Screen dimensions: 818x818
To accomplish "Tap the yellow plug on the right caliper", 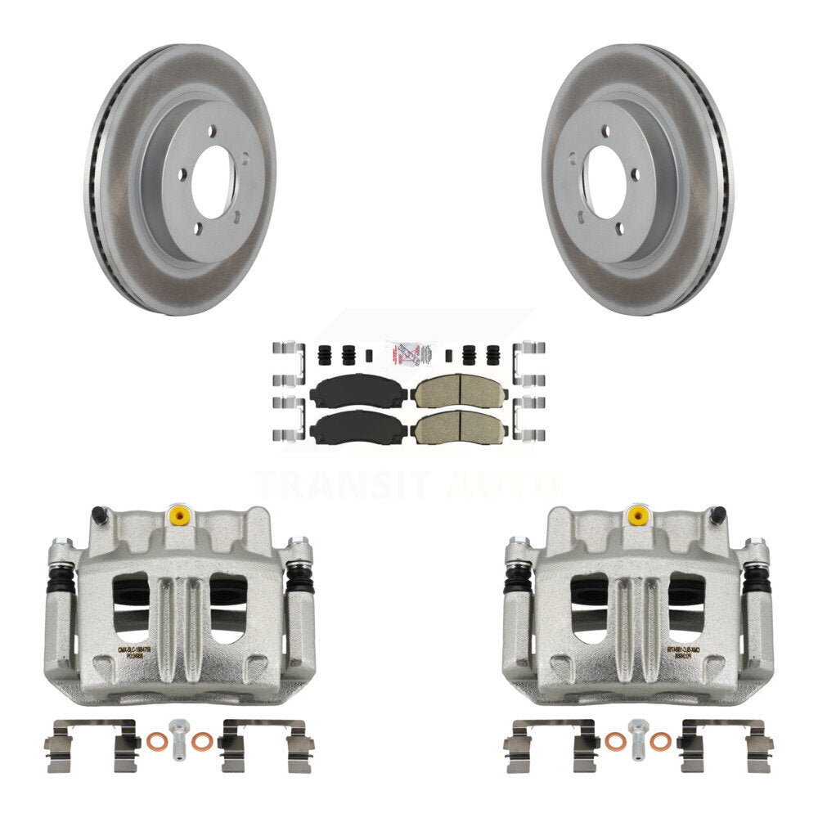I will pos(635,515).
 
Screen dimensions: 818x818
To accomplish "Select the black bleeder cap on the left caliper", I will pos(100,515).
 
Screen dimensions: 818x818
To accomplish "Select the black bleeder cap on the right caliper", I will pos(717,515).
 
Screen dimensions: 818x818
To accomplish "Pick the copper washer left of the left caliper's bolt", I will pos(154,742).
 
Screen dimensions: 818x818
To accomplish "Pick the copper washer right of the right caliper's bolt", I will pos(660,742).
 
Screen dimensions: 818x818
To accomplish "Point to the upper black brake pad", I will pos(358,391).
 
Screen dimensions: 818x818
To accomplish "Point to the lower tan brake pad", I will pos(458,426).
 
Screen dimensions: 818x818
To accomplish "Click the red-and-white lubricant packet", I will pos(408,353).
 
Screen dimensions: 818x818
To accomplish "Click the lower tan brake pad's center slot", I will pos(458,426).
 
